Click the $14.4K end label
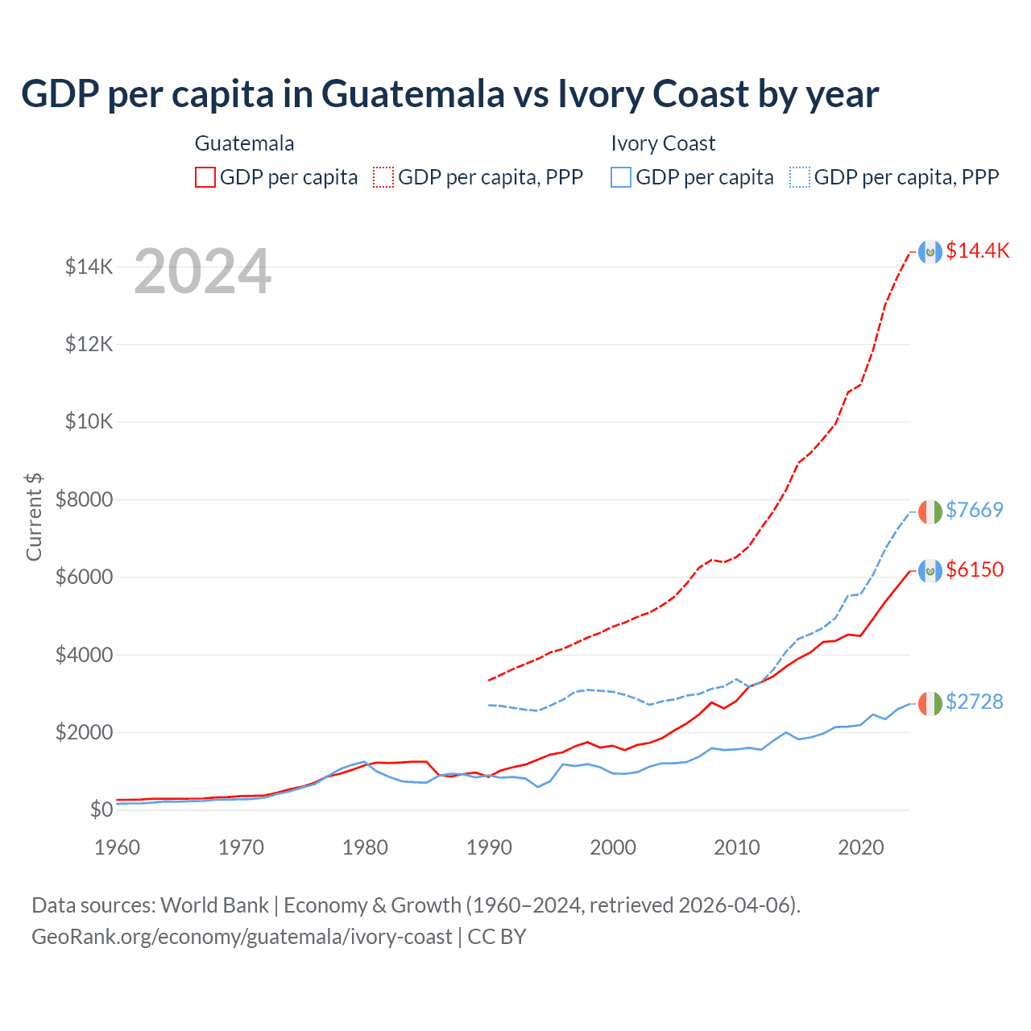[977, 251]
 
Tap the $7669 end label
[975, 510]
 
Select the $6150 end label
[975, 569]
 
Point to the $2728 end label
[975, 702]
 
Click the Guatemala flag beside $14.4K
[930, 252]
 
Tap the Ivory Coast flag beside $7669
[930, 511]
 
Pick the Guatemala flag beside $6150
[930, 571]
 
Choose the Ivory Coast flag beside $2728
[930, 703]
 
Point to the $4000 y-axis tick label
[84, 655]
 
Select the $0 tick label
[101, 809]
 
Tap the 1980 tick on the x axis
[365, 847]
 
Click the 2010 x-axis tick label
[737, 847]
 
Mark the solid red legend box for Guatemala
[205, 177]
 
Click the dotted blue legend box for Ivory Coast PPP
[800, 177]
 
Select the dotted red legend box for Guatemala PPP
[383, 177]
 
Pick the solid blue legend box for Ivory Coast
[621, 177]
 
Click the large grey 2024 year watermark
[202, 272]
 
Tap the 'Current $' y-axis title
[34, 516]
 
